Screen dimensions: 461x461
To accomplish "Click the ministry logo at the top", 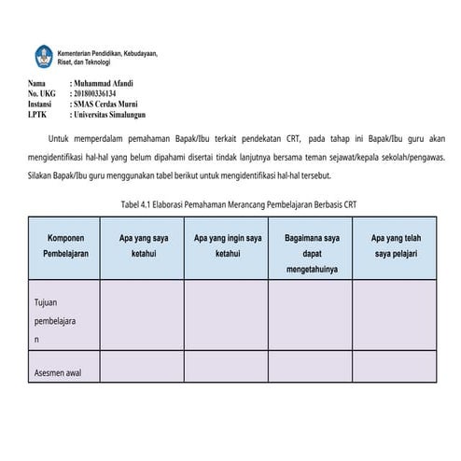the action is tap(43, 55).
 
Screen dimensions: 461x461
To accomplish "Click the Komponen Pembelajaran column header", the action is tap(64, 245).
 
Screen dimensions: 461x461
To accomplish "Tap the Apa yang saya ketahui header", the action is tap(143, 245).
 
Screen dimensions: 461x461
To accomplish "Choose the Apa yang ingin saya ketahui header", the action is tap(227, 245).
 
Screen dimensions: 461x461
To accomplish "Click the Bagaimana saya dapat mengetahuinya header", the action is tap(312, 253).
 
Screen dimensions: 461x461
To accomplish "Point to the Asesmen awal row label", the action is tap(57, 373).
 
